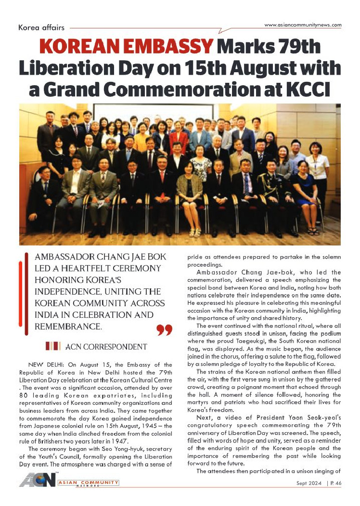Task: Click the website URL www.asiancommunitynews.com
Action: (303, 25)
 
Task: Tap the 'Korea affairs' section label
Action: (41, 28)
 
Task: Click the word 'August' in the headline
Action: (246, 68)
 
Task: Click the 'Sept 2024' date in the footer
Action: (307, 483)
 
